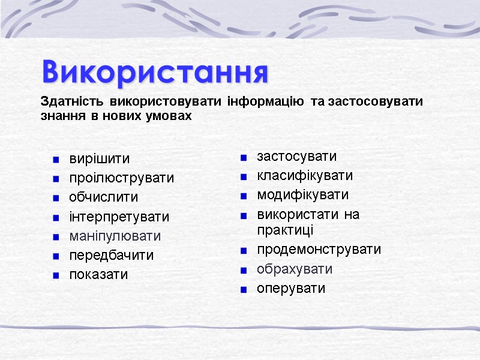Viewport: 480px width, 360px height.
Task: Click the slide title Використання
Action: (155, 73)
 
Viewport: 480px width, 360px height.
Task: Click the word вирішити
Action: (99, 159)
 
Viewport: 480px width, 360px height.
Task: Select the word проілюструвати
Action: (121, 178)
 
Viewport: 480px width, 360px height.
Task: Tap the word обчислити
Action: (103, 197)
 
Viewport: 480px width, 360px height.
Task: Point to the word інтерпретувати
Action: (119, 217)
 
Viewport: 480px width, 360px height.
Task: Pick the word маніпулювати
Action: (115, 236)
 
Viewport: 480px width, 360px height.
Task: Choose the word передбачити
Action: (111, 255)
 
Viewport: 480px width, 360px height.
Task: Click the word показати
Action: (98, 274)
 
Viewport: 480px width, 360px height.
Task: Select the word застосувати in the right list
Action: (296, 157)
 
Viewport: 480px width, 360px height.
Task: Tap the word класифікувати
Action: (304, 176)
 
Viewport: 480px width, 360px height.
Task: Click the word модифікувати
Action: (302, 195)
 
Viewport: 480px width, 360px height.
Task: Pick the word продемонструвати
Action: (319, 250)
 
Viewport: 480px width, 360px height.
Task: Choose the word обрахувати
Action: (294, 269)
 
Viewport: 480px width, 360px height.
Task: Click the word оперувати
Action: (290, 288)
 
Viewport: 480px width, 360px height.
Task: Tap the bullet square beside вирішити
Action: (55, 160)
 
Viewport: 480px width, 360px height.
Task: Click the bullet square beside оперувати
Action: (244, 289)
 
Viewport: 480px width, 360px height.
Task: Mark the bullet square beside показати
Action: (55, 275)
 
